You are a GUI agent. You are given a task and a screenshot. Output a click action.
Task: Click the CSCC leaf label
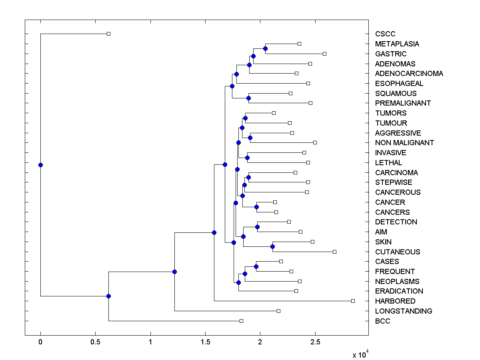pyautogui.click(x=385, y=34)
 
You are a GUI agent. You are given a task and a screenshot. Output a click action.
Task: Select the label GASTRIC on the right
pyautogui.click(x=390, y=54)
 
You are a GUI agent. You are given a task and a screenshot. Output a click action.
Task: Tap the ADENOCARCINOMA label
pyautogui.click(x=409, y=74)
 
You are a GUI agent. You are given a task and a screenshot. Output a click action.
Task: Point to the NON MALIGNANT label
pyautogui.click(x=404, y=143)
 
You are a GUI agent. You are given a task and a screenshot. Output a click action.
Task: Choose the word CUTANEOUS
pyautogui.click(x=398, y=252)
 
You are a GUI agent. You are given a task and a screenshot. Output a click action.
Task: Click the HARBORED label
pyautogui.click(x=395, y=301)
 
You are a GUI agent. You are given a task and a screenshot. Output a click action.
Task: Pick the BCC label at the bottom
pyautogui.click(x=382, y=321)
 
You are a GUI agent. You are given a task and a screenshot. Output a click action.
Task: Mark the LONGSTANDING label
pyautogui.click(x=404, y=311)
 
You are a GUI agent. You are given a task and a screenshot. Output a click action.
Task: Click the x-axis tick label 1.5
pyautogui.click(x=205, y=342)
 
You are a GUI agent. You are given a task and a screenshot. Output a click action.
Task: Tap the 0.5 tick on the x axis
pyautogui.click(x=95, y=342)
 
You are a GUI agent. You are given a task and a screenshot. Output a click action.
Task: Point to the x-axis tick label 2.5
pyautogui.click(x=315, y=342)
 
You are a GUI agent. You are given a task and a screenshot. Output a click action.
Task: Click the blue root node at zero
pyautogui.click(x=40, y=165)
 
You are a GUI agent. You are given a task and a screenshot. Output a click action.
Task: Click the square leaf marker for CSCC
pyautogui.click(x=108, y=34)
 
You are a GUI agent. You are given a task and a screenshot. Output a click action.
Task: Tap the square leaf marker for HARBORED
pyautogui.click(x=353, y=301)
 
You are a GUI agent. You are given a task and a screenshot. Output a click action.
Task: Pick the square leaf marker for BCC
pyautogui.click(x=241, y=321)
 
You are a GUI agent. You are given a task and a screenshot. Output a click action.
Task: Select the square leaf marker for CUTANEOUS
pyautogui.click(x=334, y=252)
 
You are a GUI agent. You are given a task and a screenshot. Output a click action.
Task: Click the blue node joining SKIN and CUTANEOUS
pyautogui.click(x=272, y=246)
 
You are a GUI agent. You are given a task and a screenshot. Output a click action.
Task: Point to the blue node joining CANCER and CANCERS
pyautogui.click(x=256, y=207)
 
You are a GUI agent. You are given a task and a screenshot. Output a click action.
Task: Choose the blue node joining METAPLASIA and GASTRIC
pyautogui.click(x=265, y=48)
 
